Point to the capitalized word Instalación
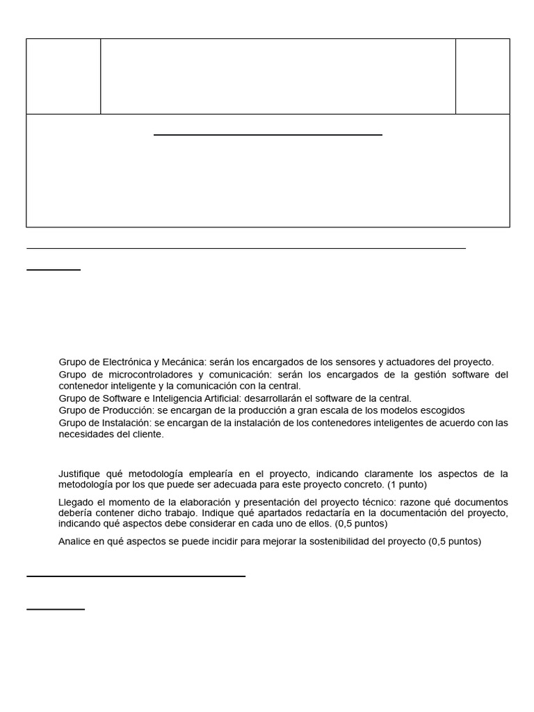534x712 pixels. point(126,423)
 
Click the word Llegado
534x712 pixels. point(76,502)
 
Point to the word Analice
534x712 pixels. point(76,542)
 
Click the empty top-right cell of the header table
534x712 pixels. point(483,76)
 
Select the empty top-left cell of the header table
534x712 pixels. point(63,76)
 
